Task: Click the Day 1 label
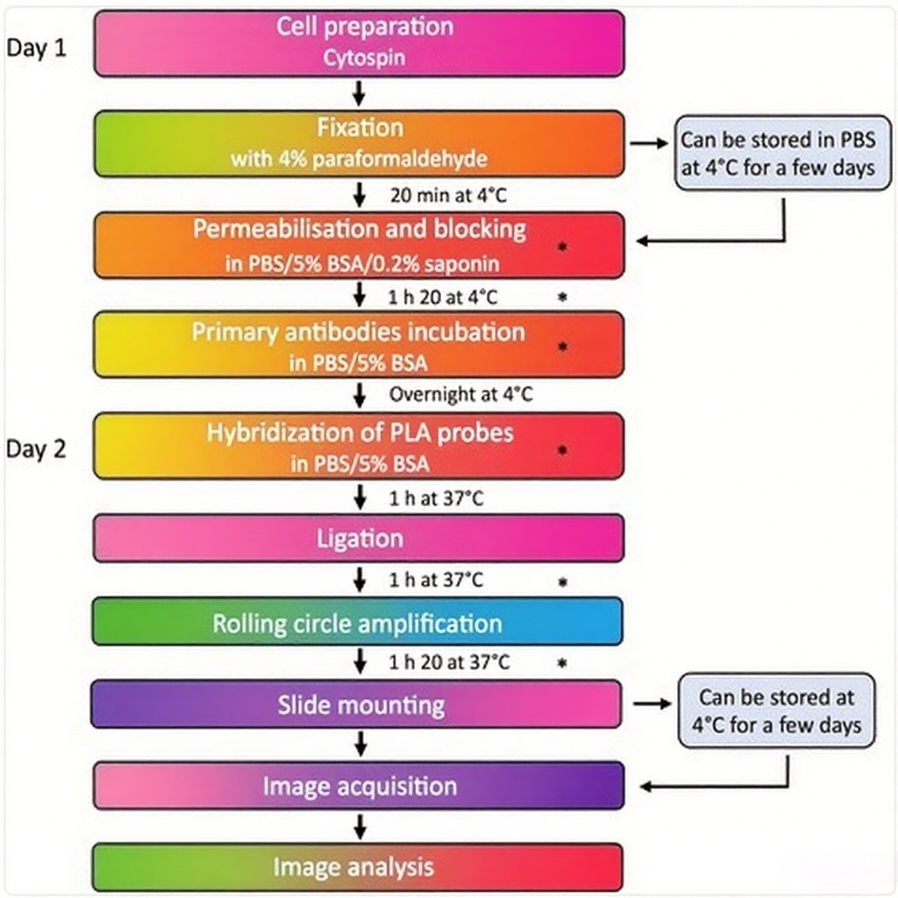coord(36,47)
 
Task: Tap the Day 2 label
coord(36,449)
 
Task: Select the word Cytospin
coord(364,58)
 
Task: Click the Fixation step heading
coord(360,127)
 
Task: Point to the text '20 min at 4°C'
coord(448,196)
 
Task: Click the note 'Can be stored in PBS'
coord(779,139)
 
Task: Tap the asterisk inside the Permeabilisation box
coord(562,246)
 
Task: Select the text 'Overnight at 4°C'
coord(461,395)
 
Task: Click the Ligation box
coord(359,538)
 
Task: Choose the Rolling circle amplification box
coord(358,622)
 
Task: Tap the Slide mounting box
coord(356,704)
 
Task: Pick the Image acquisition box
coord(359,786)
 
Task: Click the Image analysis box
coord(358,867)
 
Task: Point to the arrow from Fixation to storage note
coord(650,143)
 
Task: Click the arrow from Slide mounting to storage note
coord(652,703)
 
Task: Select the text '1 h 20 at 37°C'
coord(449,663)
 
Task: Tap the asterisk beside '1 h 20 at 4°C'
coord(562,296)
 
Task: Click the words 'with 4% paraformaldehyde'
coord(359,159)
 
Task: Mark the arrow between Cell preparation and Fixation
coord(359,93)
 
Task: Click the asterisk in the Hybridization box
coord(562,450)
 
